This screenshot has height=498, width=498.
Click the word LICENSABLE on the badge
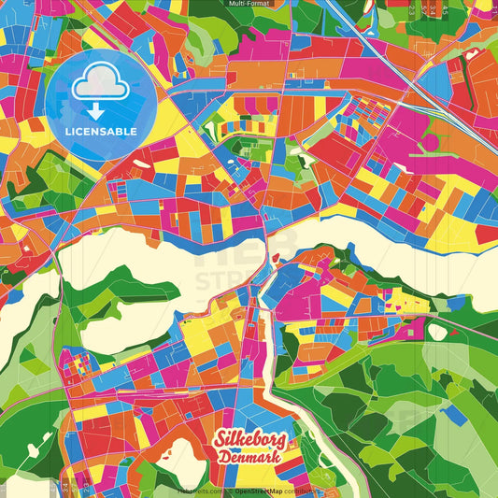pos(101,132)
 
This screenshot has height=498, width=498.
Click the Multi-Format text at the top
pos(249,5)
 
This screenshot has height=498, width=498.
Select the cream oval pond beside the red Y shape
pos(437,331)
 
